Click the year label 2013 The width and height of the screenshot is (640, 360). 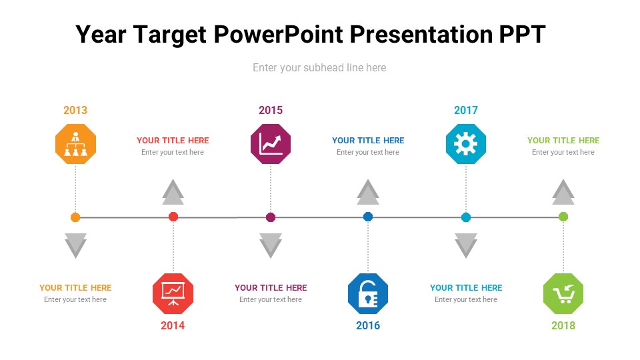(75, 110)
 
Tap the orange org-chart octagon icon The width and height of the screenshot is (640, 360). (75, 144)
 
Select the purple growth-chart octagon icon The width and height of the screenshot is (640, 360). (271, 144)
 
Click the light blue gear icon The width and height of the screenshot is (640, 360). (466, 144)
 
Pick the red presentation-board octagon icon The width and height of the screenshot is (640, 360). (173, 293)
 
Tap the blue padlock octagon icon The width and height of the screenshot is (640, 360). (368, 293)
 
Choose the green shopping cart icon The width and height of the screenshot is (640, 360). (563, 293)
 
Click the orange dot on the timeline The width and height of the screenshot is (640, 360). (75, 217)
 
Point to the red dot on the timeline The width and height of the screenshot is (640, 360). (173, 217)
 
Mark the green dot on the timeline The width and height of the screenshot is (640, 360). (563, 217)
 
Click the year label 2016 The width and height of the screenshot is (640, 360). (368, 326)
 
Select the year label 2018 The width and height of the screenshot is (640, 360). (563, 326)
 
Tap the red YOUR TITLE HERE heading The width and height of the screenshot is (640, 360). (173, 141)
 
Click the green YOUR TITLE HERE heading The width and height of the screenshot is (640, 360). (563, 141)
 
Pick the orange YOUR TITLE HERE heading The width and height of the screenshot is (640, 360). (75, 288)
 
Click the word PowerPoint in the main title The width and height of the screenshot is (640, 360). (279, 34)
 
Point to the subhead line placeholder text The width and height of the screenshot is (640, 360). (319, 68)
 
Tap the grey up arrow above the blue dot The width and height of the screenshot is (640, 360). (368, 192)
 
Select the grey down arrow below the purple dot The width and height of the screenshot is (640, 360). (271, 246)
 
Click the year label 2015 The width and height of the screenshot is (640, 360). (271, 110)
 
